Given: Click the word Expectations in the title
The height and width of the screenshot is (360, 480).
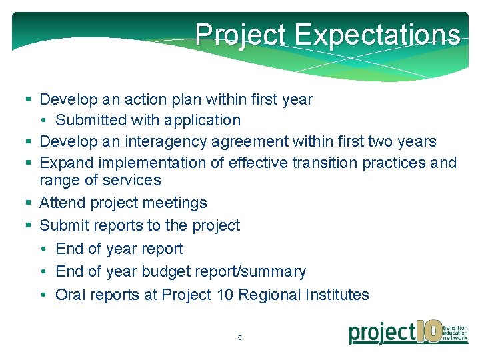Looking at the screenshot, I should pyautogui.click(x=377, y=34).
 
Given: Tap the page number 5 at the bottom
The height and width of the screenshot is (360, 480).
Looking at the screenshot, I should pyautogui.click(x=239, y=338).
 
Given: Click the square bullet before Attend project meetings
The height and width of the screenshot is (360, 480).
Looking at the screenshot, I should pyautogui.click(x=28, y=203).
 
